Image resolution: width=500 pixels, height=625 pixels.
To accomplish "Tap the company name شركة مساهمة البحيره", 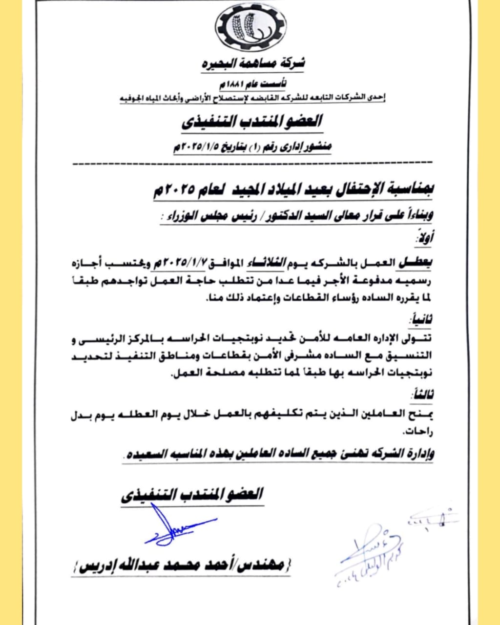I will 253,63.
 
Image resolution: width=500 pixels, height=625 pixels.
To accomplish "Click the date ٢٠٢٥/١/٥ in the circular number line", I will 198,146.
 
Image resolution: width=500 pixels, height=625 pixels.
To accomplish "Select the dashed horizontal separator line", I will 251,163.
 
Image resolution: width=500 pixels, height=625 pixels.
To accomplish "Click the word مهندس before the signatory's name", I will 262,567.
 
